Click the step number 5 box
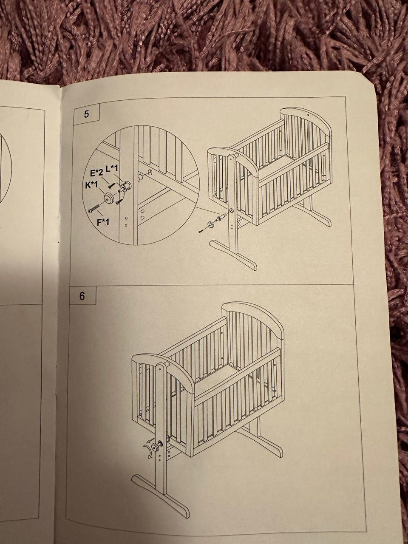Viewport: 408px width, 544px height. [x=87, y=115]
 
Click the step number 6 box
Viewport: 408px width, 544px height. [x=82, y=296]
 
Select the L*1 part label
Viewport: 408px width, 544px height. [x=112, y=169]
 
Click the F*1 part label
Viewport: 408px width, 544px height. [x=103, y=222]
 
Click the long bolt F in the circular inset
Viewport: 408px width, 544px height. [x=93, y=208]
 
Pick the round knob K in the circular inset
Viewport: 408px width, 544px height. [x=109, y=198]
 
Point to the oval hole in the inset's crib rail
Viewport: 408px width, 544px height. [x=150, y=172]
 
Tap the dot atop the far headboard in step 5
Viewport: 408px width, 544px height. [x=307, y=115]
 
